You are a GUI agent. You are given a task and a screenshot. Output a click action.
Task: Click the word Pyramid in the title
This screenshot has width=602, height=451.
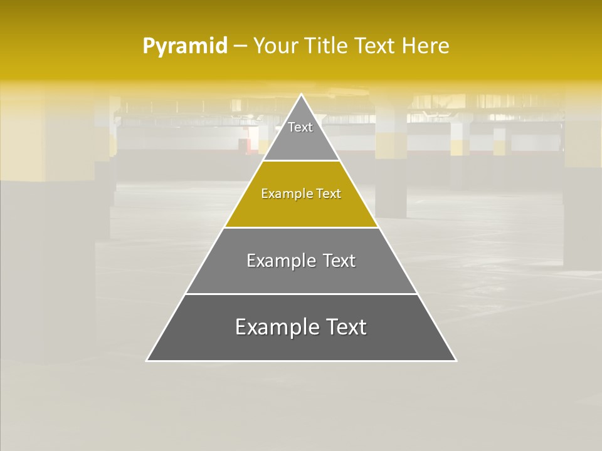184,46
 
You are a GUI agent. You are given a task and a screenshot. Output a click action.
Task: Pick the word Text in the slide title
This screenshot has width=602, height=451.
376,46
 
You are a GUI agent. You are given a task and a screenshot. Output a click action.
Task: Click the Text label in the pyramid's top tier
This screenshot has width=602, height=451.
300,127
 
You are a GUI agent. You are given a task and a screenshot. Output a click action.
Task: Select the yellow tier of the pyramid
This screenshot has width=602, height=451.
301,207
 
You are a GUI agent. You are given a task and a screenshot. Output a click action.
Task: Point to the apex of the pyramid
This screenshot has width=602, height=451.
302,95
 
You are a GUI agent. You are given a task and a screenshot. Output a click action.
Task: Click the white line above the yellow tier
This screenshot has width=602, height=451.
301,161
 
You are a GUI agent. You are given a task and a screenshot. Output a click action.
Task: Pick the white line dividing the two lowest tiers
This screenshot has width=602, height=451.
301,294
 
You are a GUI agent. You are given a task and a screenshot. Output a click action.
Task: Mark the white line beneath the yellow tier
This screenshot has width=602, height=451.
301,227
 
